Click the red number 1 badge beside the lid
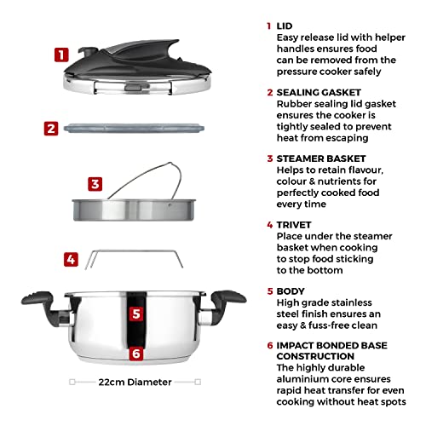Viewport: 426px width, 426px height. [60, 56]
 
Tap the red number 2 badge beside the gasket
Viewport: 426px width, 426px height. [51, 130]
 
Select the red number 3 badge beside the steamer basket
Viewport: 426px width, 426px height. [95, 183]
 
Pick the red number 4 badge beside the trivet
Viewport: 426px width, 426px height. [72, 259]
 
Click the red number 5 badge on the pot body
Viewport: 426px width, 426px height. [135, 313]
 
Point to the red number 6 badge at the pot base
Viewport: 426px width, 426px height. [135, 354]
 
